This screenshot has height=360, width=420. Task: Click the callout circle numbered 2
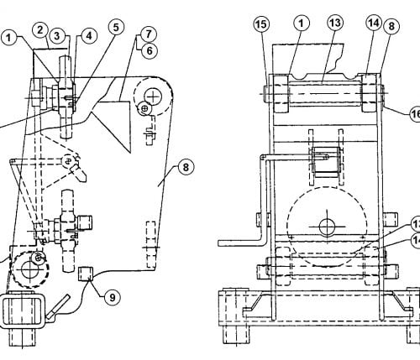[40, 30]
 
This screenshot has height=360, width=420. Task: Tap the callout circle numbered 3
[57, 36]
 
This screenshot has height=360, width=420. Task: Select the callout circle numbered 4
[89, 36]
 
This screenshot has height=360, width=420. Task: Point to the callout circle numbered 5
[116, 28]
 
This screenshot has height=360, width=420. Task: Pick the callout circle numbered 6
[150, 51]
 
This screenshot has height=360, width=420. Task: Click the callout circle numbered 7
[149, 34]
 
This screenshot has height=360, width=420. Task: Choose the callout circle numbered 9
[113, 297]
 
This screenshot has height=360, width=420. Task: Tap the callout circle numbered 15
[261, 24]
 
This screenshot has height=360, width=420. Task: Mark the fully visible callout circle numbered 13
[335, 23]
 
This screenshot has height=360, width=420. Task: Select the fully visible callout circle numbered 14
[374, 23]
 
